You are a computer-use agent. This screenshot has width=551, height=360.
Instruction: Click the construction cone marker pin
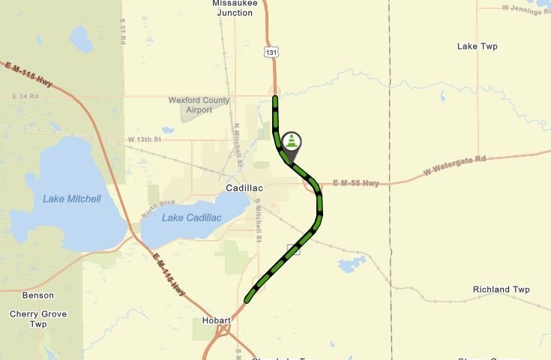point(292,142)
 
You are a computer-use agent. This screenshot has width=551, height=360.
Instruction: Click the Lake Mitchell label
point(71,199)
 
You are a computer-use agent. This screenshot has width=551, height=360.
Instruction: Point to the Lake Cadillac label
point(192,217)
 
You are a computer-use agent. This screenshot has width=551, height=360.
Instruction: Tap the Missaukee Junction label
point(235,7)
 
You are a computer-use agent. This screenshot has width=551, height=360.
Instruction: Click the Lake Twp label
point(477,46)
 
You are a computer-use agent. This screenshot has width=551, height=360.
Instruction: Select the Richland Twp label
point(501,289)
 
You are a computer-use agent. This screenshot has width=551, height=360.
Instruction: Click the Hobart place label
point(217,320)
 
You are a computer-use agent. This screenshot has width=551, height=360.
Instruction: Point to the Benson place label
point(38,295)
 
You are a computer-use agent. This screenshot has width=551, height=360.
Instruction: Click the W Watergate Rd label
point(455,164)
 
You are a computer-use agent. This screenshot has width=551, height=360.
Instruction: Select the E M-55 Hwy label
point(356,182)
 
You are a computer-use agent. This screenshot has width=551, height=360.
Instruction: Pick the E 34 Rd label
point(25,97)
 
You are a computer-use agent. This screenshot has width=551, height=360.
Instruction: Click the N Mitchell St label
point(238,144)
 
